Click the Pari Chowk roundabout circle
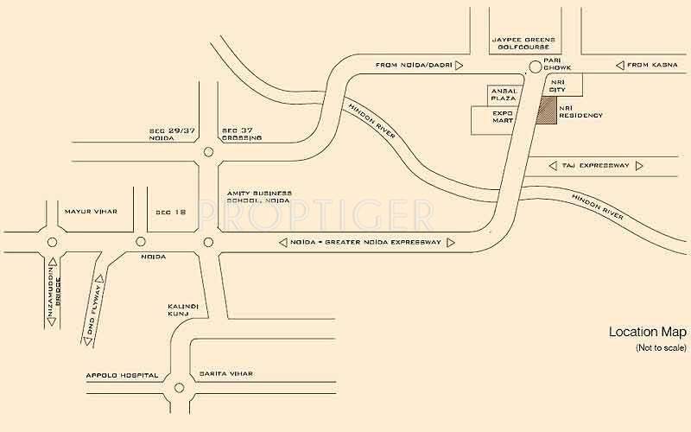[536, 67]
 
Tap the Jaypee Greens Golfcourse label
[524, 43]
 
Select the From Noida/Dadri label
[413, 65]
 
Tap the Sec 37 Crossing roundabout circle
[208, 152]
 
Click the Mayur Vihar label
[89, 211]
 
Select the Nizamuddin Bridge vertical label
[53, 292]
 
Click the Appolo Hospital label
[122, 375]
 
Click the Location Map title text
[647, 332]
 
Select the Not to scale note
[661, 347]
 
